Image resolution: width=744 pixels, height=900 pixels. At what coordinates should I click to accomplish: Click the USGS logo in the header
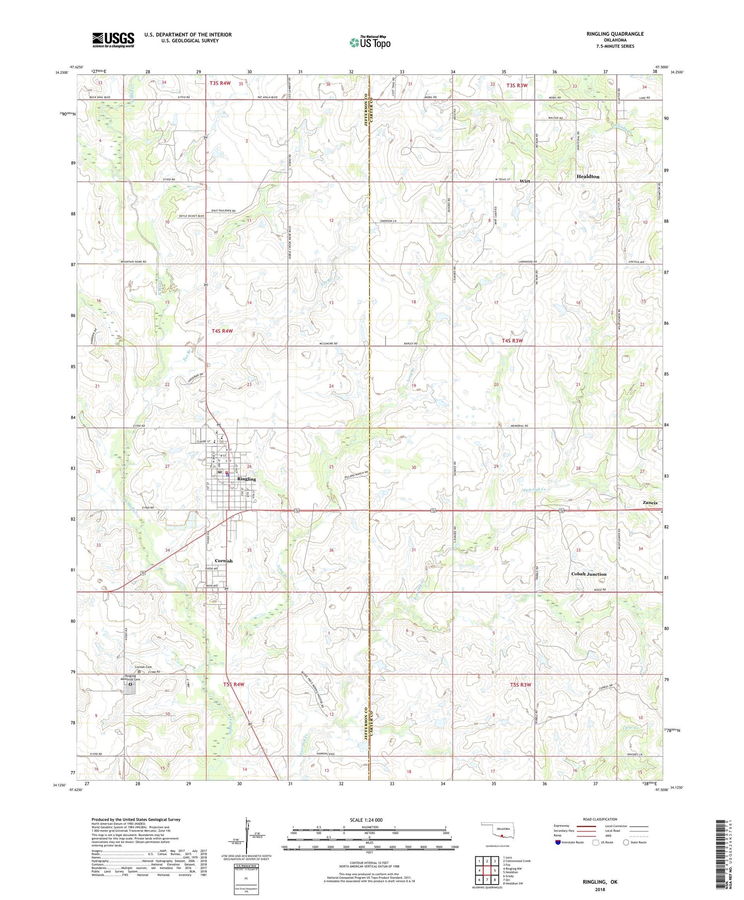(x=113, y=40)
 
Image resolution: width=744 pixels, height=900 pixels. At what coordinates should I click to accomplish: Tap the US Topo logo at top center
(x=370, y=43)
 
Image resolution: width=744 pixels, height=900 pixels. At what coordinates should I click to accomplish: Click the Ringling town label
(x=247, y=479)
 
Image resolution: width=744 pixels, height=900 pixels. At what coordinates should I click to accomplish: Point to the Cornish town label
(x=224, y=561)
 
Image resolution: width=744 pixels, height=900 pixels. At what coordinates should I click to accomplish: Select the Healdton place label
(x=588, y=177)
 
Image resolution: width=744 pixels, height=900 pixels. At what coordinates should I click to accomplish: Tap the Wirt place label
(x=524, y=181)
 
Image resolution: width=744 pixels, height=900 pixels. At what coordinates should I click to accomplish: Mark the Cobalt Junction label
(x=589, y=574)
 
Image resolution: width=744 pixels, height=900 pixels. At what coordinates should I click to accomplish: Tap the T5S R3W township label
(x=520, y=685)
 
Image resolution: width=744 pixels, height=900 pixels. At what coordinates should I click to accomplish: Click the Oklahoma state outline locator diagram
(x=497, y=831)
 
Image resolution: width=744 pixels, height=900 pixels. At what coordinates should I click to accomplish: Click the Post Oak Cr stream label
(x=536, y=490)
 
